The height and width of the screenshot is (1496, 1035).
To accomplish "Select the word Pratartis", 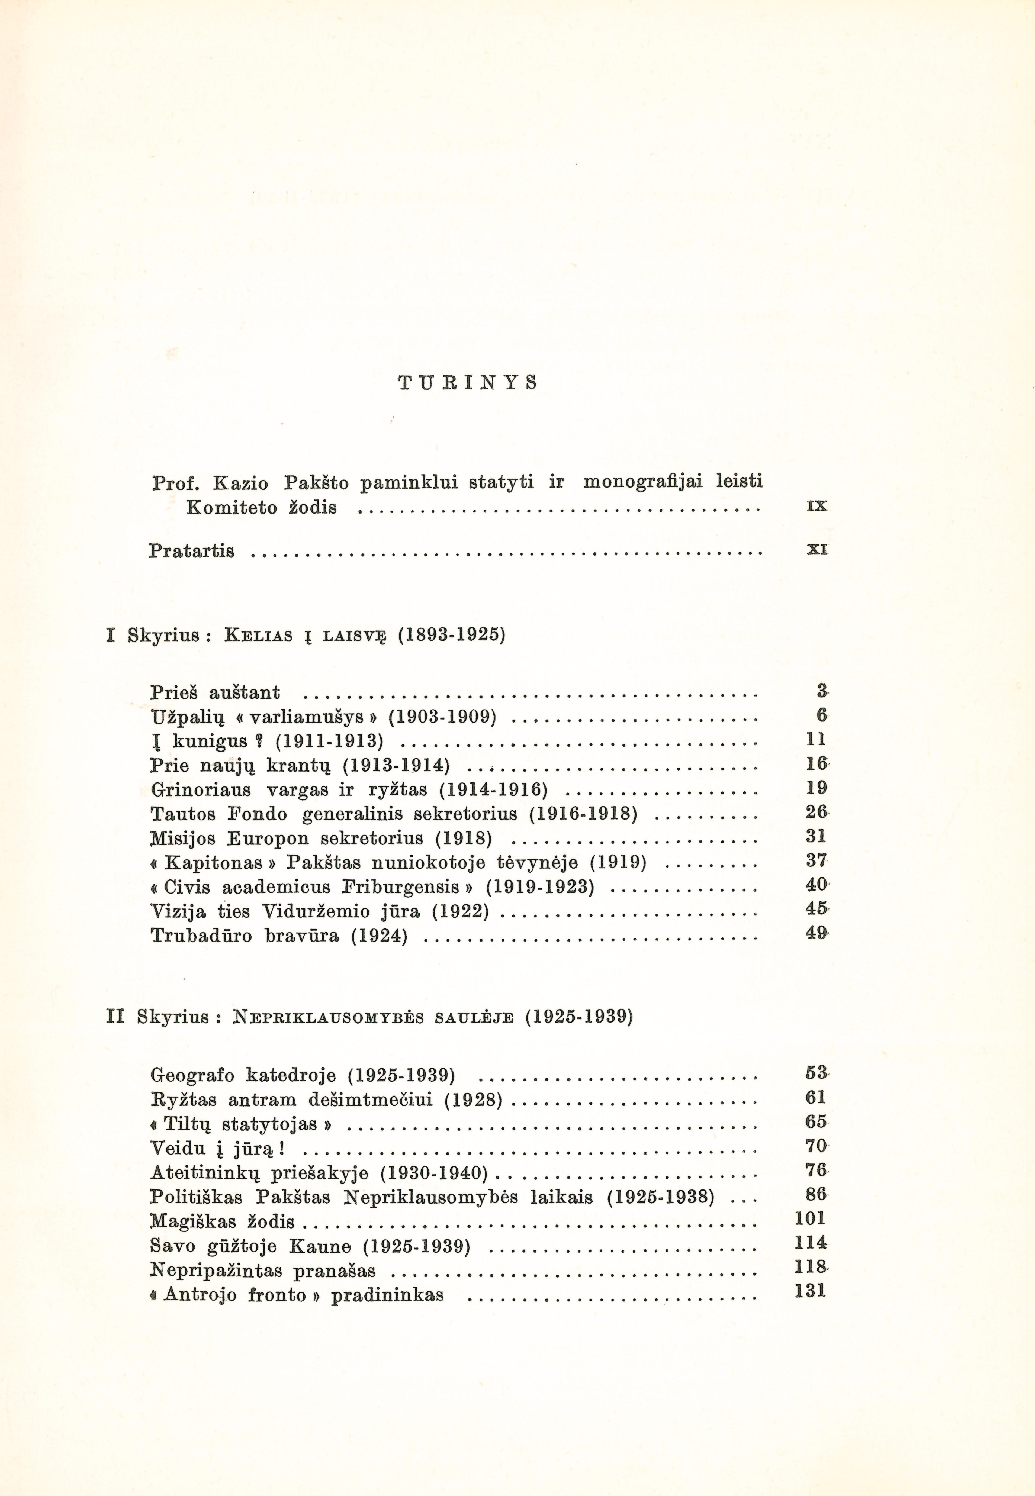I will tap(191, 552).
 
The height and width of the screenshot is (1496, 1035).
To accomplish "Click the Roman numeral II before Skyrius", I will tap(115, 1016).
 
